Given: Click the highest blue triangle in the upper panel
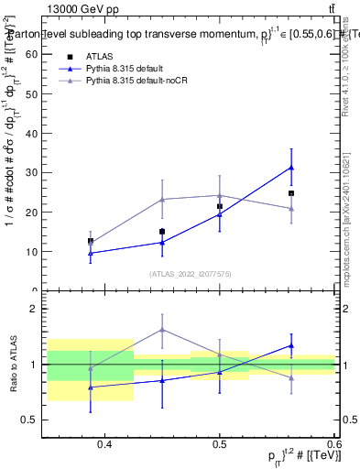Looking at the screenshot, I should coord(291,168).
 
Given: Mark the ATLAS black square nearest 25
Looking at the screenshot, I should coord(291,193).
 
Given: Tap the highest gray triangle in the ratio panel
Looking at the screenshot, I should coord(162,330).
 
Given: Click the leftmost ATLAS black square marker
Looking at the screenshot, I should coord(91,241).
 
